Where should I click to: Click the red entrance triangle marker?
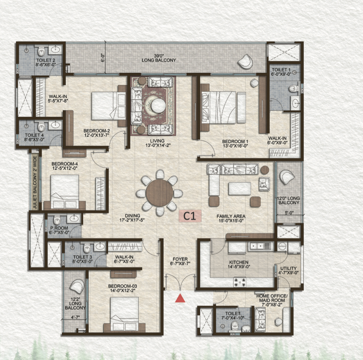click(x=180, y=298)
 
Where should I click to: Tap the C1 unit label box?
click(x=190, y=216)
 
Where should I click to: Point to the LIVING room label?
click(x=157, y=140)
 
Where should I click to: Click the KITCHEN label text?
click(x=239, y=262)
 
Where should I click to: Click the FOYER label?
click(x=180, y=259)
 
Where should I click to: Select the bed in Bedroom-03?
click(x=124, y=314)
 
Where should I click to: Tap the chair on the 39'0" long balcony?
click(x=245, y=61)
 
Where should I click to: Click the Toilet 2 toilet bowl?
click(x=42, y=52)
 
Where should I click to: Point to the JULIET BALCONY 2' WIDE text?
click(x=35, y=183)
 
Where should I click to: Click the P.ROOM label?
click(x=59, y=228)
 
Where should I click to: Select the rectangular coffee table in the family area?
click(x=240, y=189)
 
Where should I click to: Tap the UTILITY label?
click(x=288, y=268)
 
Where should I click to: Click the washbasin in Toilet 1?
click(x=296, y=103)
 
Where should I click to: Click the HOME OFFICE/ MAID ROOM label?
click(x=272, y=298)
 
